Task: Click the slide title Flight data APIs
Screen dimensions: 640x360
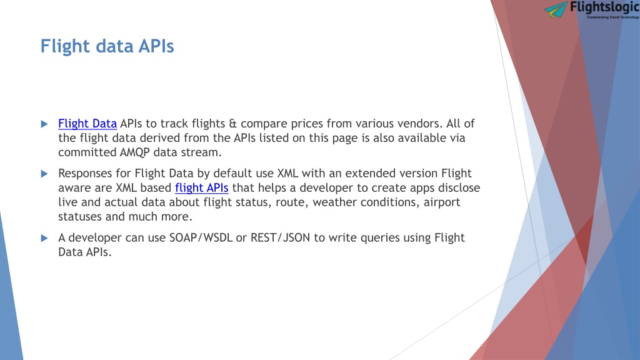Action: tap(107, 46)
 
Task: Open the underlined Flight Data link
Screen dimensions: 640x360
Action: tap(87, 124)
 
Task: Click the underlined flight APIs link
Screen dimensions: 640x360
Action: tap(202, 187)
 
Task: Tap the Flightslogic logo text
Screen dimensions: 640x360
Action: tap(604, 7)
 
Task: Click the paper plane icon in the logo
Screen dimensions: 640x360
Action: tap(556, 9)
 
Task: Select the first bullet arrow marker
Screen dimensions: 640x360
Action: tap(44, 124)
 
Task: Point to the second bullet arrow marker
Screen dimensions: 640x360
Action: tap(44, 174)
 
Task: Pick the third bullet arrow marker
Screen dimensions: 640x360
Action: tap(44, 238)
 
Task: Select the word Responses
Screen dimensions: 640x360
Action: tap(85, 174)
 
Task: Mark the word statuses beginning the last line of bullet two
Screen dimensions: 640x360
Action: tap(80, 217)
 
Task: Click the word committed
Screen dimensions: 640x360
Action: tap(87, 152)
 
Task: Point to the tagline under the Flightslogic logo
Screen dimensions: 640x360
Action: tap(613, 17)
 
